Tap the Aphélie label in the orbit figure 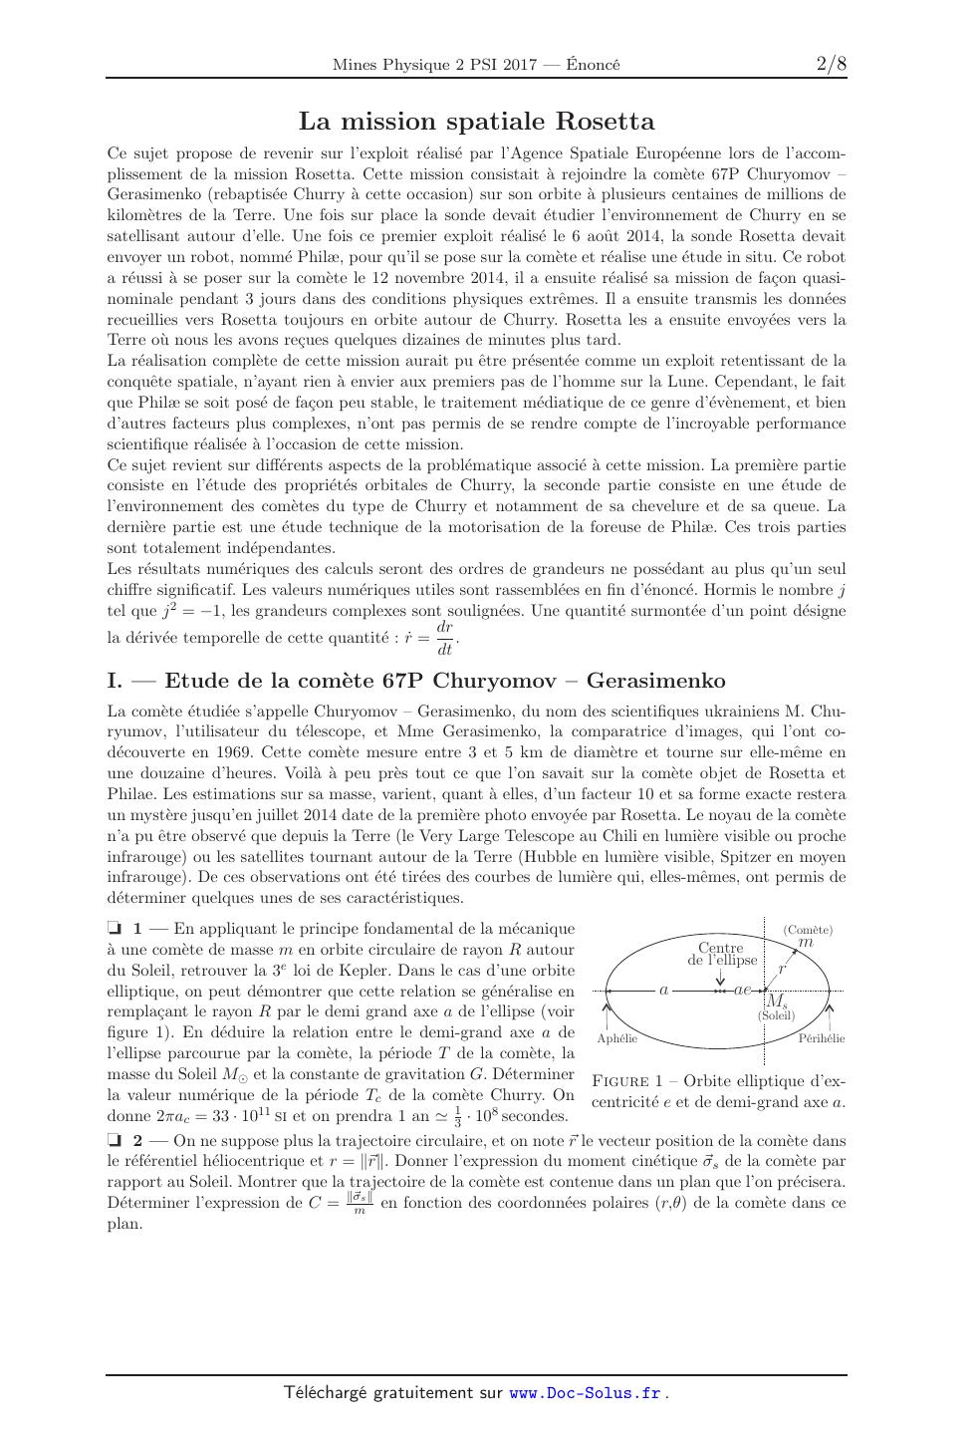coord(616,1038)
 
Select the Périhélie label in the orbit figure coord(822,1038)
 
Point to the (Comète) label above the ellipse coord(808,930)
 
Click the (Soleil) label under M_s coord(776,1015)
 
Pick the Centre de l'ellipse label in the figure coord(721,954)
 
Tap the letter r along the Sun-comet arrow coord(782,968)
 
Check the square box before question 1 coord(114,928)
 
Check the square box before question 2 coord(114,1140)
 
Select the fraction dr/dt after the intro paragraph coord(445,639)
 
